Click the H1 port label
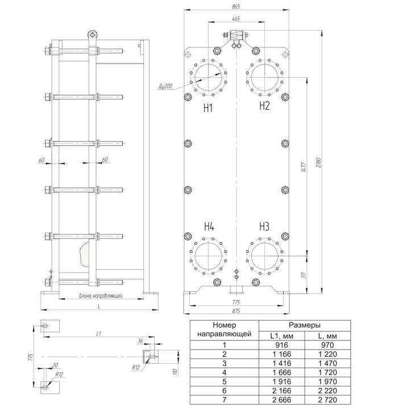coord(208,108)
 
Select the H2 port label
coord(264,106)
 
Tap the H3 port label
coord(264,227)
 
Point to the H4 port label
coord(209,227)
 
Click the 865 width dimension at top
coord(236,7)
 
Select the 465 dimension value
coord(236,19)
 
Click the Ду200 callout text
coord(165,86)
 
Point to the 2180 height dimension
coord(319,163)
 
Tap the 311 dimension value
coord(303,275)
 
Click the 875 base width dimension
coord(235,311)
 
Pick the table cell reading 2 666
coord(282,400)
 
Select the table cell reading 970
coord(327,345)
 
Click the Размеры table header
coord(305,325)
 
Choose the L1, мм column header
coord(282,336)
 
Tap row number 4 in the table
coord(224,373)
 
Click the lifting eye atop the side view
coord(91,35)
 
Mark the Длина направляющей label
coord(101,295)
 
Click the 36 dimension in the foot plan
coord(140,340)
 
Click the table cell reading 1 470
coord(327,364)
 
